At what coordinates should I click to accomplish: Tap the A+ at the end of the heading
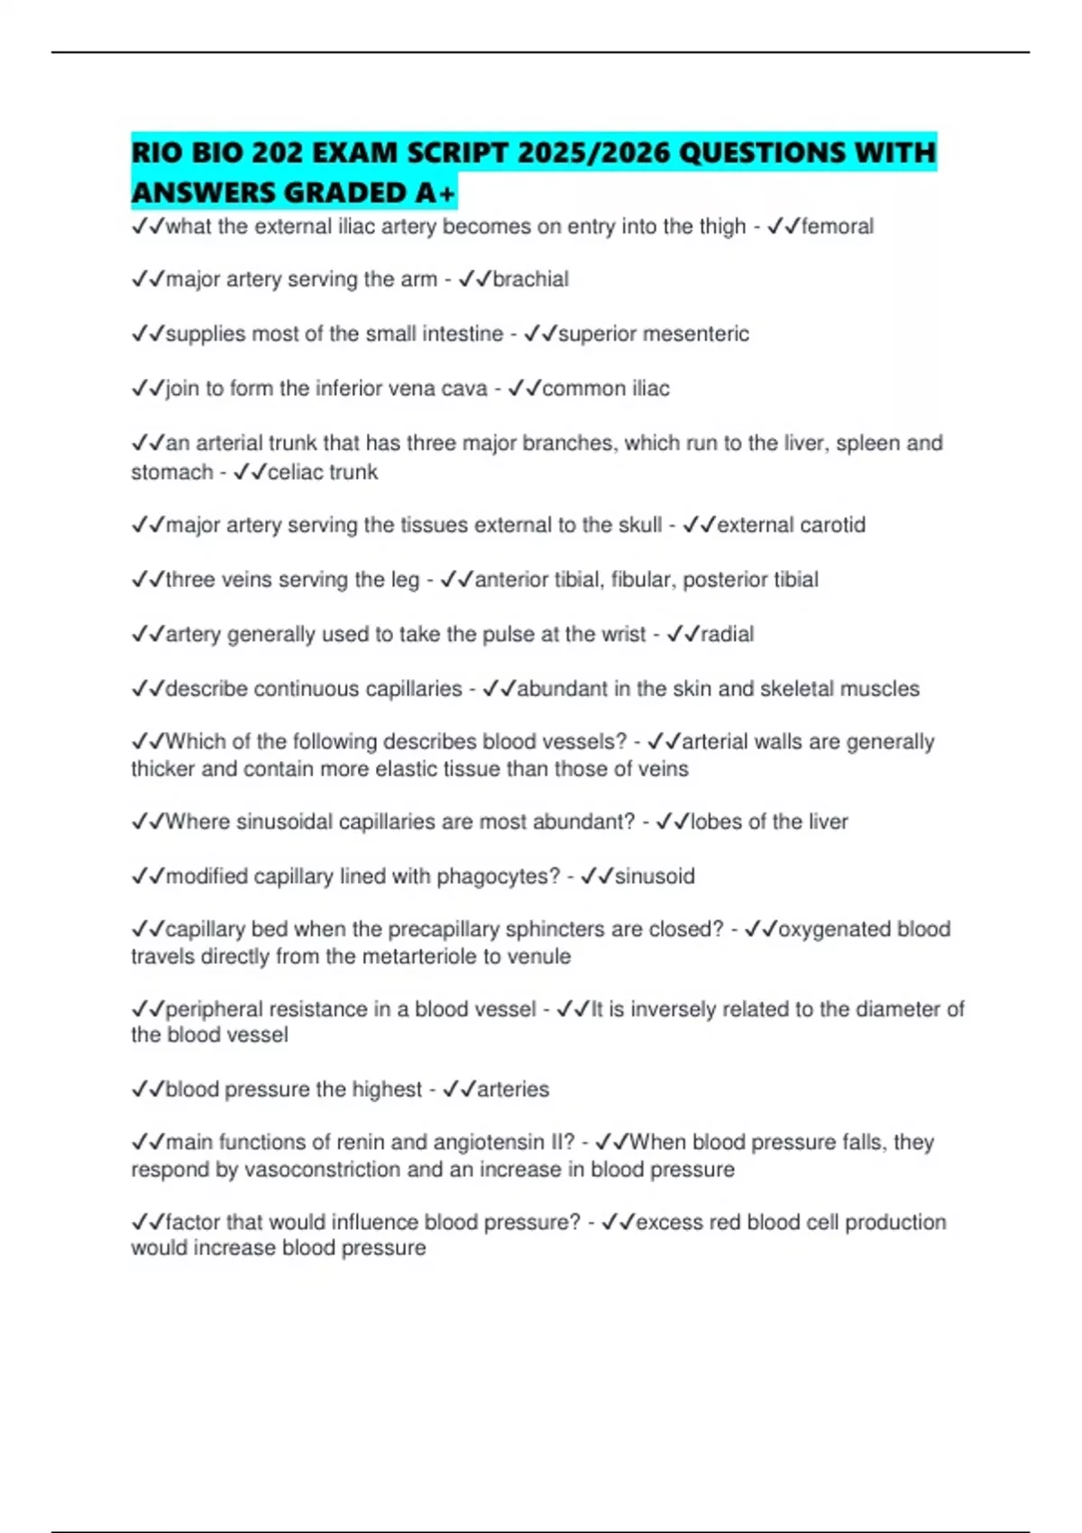click(436, 193)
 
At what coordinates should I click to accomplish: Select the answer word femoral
click(838, 226)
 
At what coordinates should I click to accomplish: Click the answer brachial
click(530, 280)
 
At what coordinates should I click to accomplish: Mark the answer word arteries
click(512, 1089)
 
